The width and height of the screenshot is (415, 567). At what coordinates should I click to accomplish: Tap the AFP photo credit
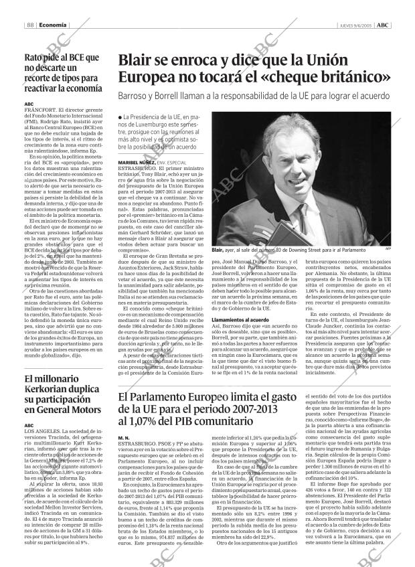coord(388,249)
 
